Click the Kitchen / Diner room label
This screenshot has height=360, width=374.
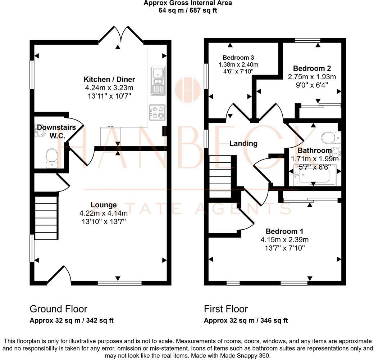(x=109, y=79)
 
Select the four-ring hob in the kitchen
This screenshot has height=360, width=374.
(x=158, y=112)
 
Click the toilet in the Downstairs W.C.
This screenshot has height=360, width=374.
(x=51, y=159)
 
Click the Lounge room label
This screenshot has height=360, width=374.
(x=104, y=205)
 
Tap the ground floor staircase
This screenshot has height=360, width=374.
(x=46, y=217)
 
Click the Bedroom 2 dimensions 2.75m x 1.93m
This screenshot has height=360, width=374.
(x=312, y=77)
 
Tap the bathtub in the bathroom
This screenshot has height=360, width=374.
(x=314, y=175)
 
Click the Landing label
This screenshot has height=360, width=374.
(x=243, y=143)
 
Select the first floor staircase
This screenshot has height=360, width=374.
(x=220, y=176)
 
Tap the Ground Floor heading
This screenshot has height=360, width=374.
(x=58, y=309)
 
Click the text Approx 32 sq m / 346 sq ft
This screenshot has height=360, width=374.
(x=246, y=320)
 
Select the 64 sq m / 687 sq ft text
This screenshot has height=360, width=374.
(x=187, y=10)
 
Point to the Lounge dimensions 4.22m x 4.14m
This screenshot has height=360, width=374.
(x=104, y=213)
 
